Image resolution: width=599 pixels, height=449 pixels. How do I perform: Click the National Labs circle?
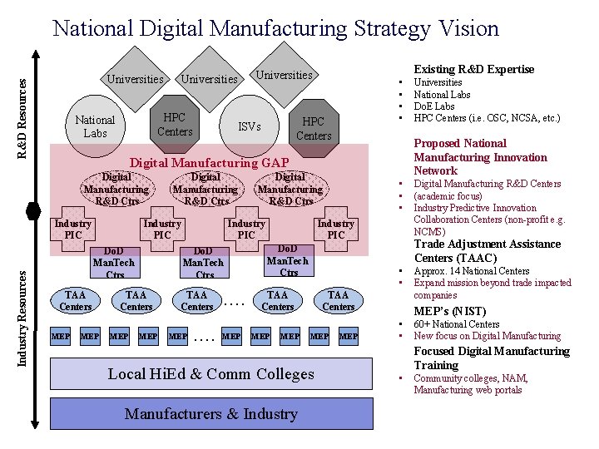(95, 127)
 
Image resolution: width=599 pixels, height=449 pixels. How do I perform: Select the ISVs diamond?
(249, 127)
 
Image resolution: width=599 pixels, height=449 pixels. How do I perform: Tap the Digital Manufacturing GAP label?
(210, 162)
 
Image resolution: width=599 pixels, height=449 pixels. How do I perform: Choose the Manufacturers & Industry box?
(210, 414)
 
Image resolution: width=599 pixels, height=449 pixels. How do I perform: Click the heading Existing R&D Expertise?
(474, 69)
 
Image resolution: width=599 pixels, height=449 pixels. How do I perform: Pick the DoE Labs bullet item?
(434, 106)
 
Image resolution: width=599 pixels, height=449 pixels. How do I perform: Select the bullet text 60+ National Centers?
(456, 324)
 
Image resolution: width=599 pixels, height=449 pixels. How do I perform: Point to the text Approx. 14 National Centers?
(471, 271)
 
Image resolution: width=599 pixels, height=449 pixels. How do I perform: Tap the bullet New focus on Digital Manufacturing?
(487, 336)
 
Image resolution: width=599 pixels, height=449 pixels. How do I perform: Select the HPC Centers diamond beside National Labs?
(175, 125)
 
